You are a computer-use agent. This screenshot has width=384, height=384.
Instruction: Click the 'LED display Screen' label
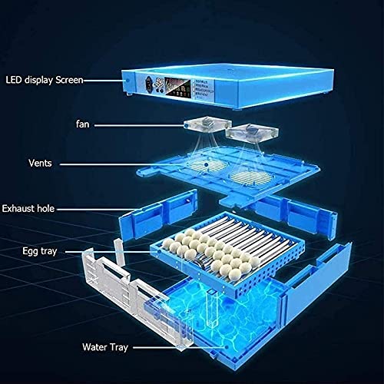pyautogui.click(x=45, y=78)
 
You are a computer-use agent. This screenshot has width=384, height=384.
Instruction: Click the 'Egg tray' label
pyautogui.click(x=38, y=250)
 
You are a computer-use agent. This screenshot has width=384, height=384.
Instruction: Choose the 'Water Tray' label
pyautogui.click(x=106, y=346)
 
